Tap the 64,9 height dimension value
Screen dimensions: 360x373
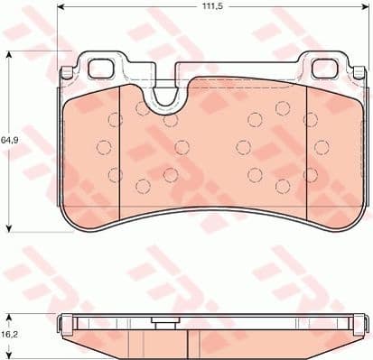(x=10, y=140)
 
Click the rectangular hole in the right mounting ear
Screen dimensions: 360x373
(x=322, y=68)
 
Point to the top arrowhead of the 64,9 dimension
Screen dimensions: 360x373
(x=9, y=54)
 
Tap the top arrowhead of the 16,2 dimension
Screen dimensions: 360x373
(x=9, y=314)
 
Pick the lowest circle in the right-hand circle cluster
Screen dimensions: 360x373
(x=282, y=187)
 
